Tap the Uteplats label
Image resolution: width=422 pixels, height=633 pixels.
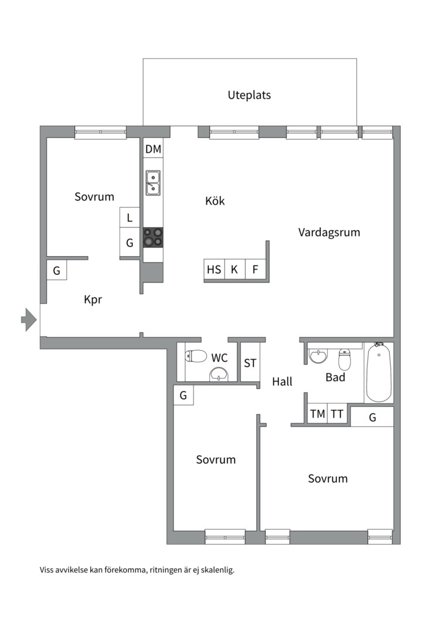(x=249, y=95)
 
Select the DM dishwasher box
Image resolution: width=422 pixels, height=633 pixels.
(x=153, y=149)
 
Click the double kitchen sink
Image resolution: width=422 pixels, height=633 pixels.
(x=153, y=182)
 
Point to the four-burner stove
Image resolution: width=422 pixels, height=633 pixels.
(x=153, y=237)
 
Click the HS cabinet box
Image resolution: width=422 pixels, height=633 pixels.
(x=214, y=270)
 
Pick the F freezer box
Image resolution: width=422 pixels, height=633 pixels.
(x=255, y=270)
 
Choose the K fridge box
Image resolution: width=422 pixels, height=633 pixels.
(x=234, y=270)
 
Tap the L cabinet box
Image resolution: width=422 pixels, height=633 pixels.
(x=130, y=219)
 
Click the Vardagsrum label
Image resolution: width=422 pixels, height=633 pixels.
(x=329, y=232)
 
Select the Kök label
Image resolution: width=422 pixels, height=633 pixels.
(x=215, y=201)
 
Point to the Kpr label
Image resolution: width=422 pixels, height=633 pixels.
(x=93, y=300)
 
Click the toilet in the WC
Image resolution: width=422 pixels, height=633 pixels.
(x=196, y=356)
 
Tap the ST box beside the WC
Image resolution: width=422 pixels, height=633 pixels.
(x=250, y=363)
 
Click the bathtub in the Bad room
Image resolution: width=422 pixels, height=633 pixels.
(x=379, y=373)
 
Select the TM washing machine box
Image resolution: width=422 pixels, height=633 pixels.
(x=318, y=414)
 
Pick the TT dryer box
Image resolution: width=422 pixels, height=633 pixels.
(x=337, y=414)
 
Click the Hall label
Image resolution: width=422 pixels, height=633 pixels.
(x=282, y=382)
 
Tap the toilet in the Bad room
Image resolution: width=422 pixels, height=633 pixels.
(x=344, y=360)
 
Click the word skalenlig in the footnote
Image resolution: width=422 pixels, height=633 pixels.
(x=216, y=569)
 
